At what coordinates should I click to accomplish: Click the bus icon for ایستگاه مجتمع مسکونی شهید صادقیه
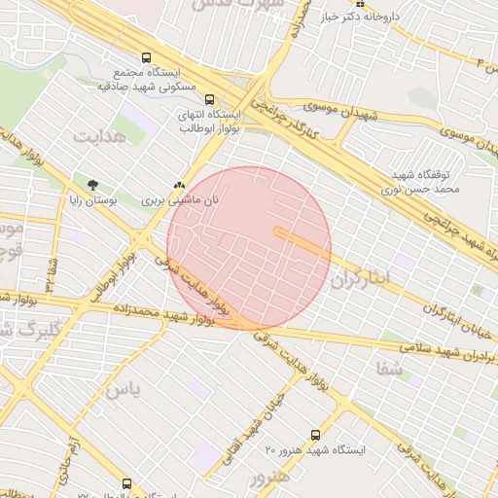click(146, 57)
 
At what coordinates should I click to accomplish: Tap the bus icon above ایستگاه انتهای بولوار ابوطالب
click(209, 98)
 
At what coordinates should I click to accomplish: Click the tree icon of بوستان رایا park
click(92, 184)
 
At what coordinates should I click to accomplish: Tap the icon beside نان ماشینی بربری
click(178, 184)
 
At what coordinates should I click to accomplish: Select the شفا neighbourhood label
click(393, 369)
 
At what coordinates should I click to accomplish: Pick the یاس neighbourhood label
click(123, 391)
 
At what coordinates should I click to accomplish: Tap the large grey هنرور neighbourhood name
click(269, 480)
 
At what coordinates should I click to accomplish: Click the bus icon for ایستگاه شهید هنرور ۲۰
click(314, 434)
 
